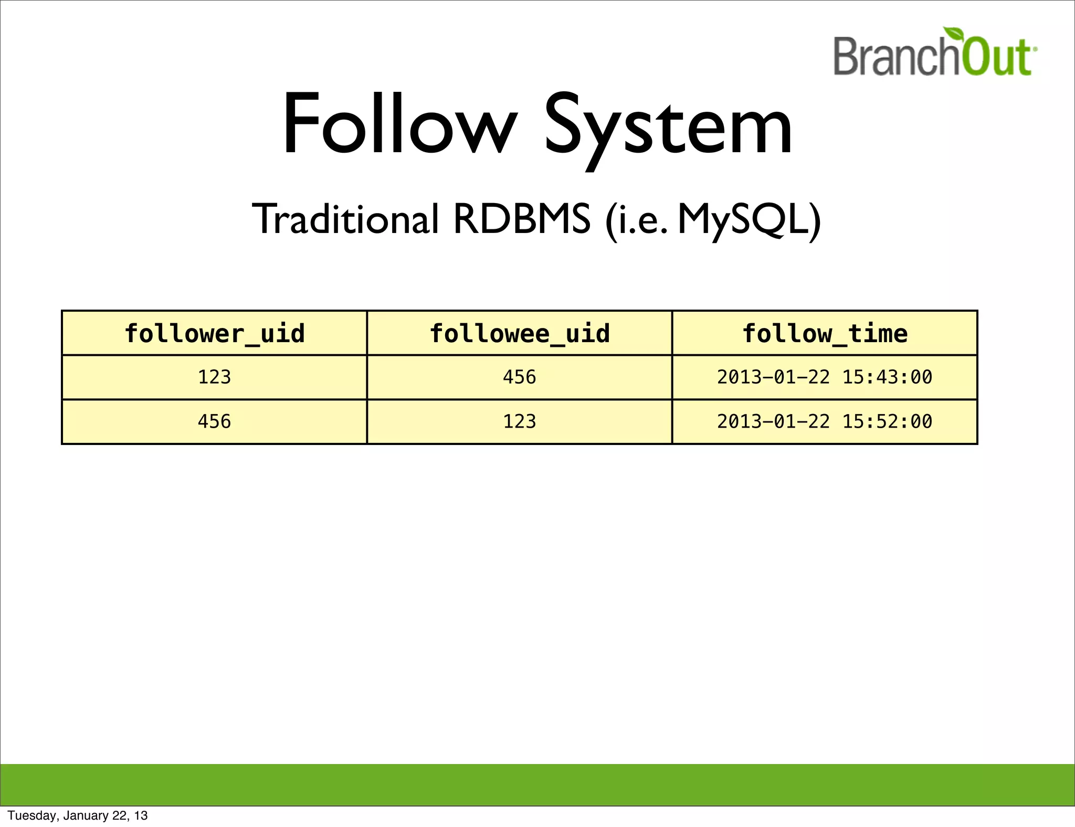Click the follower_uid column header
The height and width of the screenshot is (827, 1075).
[214, 334]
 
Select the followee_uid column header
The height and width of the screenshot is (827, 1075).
[520, 334]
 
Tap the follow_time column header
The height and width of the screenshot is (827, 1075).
[825, 334]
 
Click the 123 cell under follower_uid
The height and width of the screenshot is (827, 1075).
[214, 377]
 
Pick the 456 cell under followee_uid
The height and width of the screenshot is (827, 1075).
[520, 377]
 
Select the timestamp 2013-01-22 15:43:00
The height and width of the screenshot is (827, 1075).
[825, 377]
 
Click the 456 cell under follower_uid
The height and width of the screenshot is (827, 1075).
[214, 421]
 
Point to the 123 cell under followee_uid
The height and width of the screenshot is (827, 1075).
[520, 421]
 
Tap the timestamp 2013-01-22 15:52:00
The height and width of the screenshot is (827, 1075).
[825, 421]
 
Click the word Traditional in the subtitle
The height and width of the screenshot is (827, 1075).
[345, 219]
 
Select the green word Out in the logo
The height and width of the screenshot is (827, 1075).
[996, 58]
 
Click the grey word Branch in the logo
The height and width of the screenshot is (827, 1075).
[897, 57]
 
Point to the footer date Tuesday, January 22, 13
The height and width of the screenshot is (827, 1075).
[78, 815]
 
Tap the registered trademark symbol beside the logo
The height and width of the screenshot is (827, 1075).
[1035, 49]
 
